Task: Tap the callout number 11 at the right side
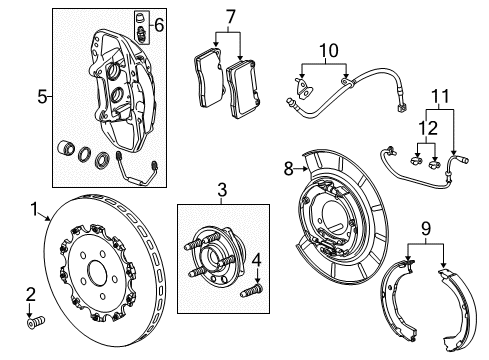point(438,97)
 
